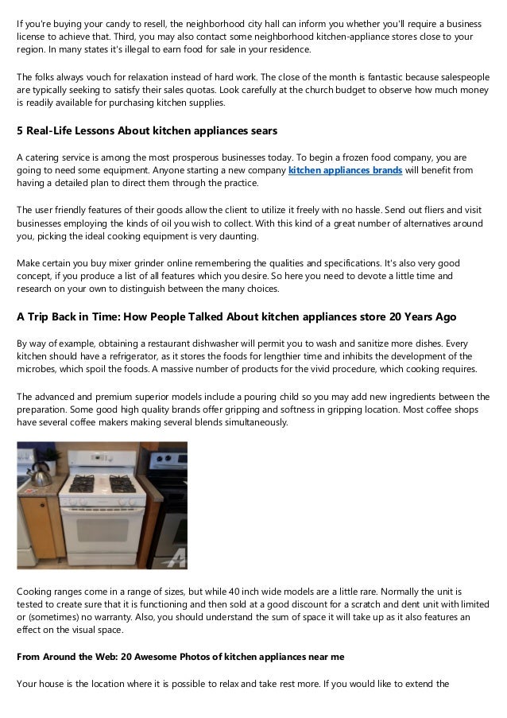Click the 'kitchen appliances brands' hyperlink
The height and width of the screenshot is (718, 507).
(345, 170)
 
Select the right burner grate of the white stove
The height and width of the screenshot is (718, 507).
(122, 483)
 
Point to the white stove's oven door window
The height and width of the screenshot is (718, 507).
(103, 530)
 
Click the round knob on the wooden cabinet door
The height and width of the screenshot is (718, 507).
(42, 505)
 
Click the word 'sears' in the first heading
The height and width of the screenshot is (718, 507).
(264, 130)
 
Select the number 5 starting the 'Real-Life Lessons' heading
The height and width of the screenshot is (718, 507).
(20, 130)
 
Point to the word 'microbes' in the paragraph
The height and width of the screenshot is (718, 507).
(36, 369)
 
